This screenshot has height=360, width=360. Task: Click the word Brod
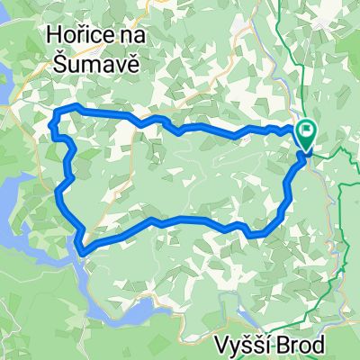click(x=314, y=343)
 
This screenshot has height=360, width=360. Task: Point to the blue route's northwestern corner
click(x=58, y=111)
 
